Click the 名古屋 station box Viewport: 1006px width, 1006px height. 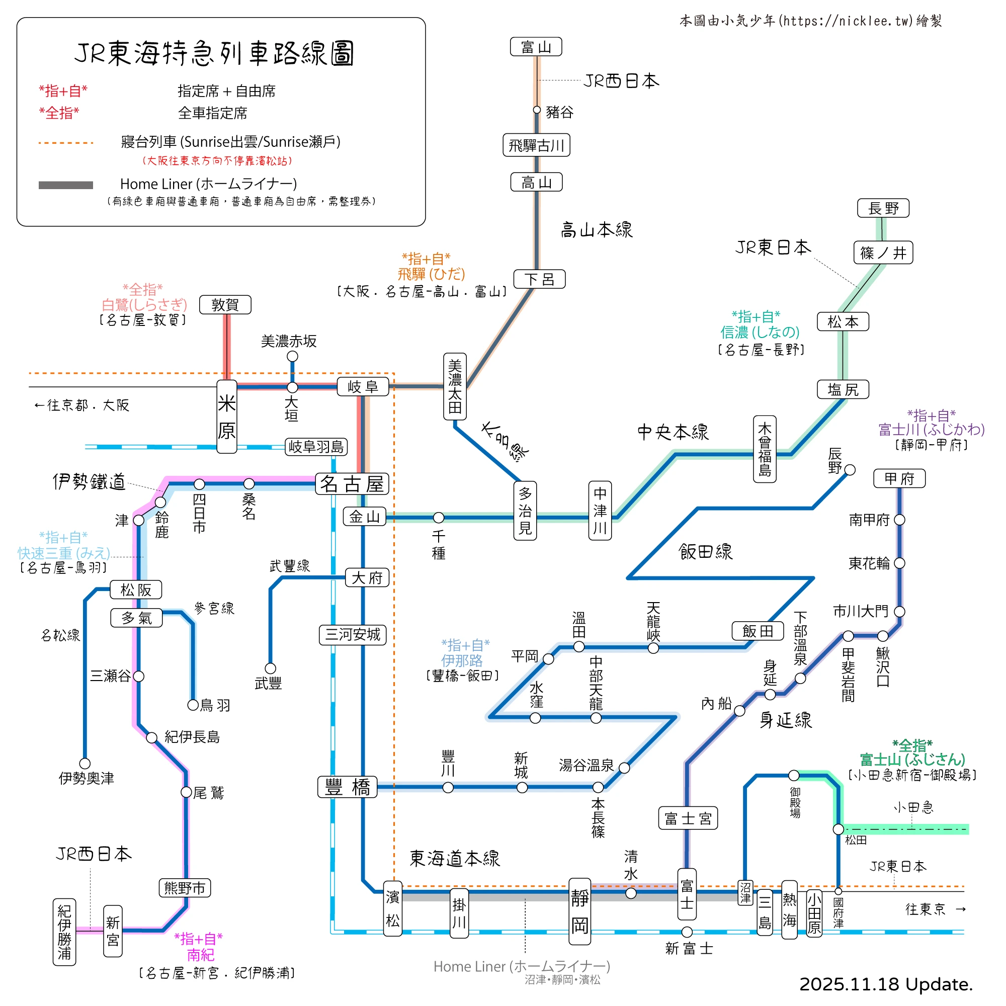(x=352, y=484)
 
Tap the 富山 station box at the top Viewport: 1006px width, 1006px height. (x=536, y=47)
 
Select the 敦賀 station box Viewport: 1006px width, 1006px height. (x=225, y=305)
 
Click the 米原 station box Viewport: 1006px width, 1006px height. (x=226, y=416)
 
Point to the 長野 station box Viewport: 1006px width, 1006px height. (x=883, y=208)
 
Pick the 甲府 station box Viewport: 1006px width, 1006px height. (x=899, y=478)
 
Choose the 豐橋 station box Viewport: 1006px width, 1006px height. (x=347, y=787)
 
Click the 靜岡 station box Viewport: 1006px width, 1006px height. (x=579, y=912)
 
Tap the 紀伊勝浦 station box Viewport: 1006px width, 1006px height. (x=64, y=932)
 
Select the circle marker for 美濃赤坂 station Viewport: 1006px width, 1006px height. (x=293, y=356)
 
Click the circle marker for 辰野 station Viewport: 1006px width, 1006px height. (x=850, y=470)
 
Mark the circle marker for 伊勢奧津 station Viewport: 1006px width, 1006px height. (x=85, y=764)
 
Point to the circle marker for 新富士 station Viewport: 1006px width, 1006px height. (x=687, y=932)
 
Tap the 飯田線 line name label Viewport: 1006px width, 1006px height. (x=706, y=551)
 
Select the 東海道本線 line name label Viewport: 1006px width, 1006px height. (x=454, y=859)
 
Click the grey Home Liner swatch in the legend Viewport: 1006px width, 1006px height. (x=65, y=185)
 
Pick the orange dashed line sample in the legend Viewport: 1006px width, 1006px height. (x=65, y=143)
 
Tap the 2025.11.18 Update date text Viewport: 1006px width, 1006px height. (x=886, y=984)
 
